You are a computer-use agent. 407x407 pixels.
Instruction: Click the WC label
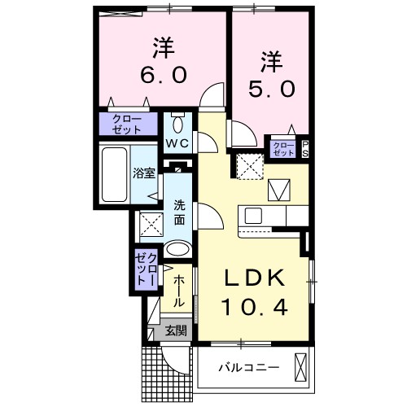click(x=177, y=143)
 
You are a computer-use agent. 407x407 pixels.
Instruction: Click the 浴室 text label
click(x=143, y=173)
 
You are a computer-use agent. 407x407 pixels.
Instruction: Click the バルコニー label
click(x=248, y=367)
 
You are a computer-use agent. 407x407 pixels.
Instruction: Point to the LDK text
click(x=256, y=279)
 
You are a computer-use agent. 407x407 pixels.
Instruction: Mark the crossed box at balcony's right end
click(x=300, y=367)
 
